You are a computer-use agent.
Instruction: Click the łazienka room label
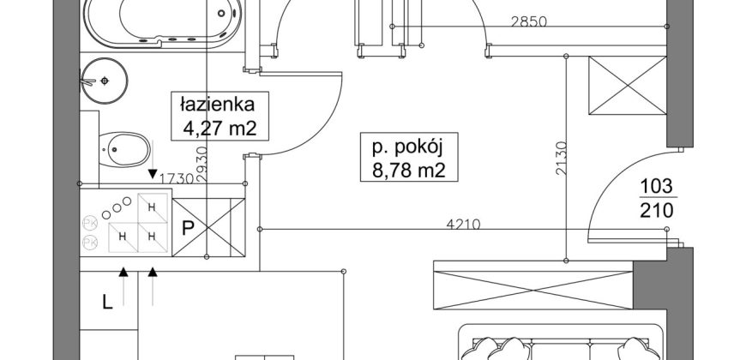(217, 105)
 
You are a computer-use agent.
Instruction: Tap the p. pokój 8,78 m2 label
(409, 158)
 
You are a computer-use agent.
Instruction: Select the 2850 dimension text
(528, 21)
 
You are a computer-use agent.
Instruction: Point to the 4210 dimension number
(463, 224)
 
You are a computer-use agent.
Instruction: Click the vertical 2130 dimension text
(562, 159)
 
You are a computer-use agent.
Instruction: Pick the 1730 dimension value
(176, 178)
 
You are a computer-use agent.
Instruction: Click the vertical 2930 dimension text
(202, 165)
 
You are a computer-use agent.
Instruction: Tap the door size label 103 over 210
(657, 197)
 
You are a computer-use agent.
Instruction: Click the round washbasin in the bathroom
(104, 81)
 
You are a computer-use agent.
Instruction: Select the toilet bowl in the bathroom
(123, 150)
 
